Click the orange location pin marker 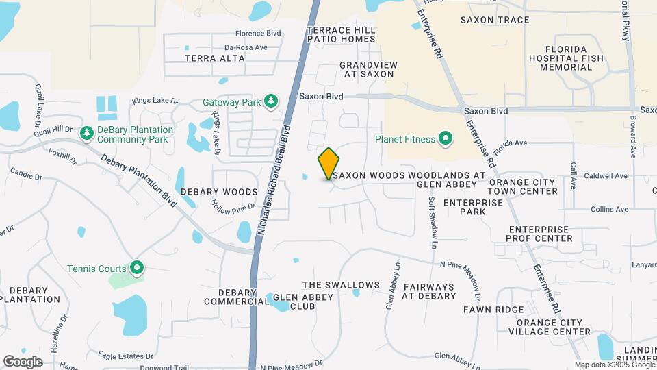(328, 163)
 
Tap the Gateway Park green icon (272, 102)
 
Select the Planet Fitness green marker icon (446, 140)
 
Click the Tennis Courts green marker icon (137, 269)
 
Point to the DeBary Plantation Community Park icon (87, 134)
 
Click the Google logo (23, 361)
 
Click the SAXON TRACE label (495, 20)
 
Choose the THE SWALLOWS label (341, 285)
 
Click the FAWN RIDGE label (493, 310)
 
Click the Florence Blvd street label (259, 33)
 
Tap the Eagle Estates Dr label (125, 356)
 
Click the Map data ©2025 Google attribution (614, 365)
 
